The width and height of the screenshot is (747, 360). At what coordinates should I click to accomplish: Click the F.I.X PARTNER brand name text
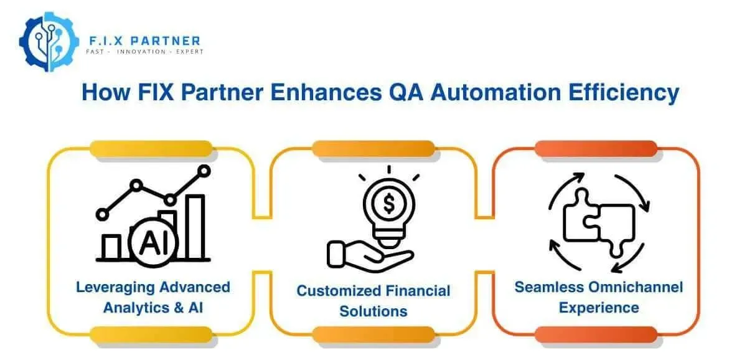pyautogui.click(x=143, y=41)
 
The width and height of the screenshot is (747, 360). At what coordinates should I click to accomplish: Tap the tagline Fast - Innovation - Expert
pyautogui.click(x=144, y=52)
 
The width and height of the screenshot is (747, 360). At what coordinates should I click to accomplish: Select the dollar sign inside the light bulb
pyautogui.click(x=388, y=203)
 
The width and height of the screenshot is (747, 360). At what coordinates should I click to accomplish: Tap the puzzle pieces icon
pyautogui.click(x=598, y=223)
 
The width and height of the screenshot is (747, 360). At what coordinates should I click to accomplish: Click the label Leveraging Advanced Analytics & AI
pyautogui.click(x=153, y=297)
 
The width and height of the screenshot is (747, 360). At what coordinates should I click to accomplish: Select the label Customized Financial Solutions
pyautogui.click(x=373, y=300)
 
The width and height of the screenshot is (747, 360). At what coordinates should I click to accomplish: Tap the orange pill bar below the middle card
pyautogui.click(x=373, y=334)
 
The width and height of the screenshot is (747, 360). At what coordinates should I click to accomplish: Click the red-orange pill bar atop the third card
pyautogui.click(x=596, y=149)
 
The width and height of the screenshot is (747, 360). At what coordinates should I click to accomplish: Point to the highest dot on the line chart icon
pyautogui.click(x=203, y=171)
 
